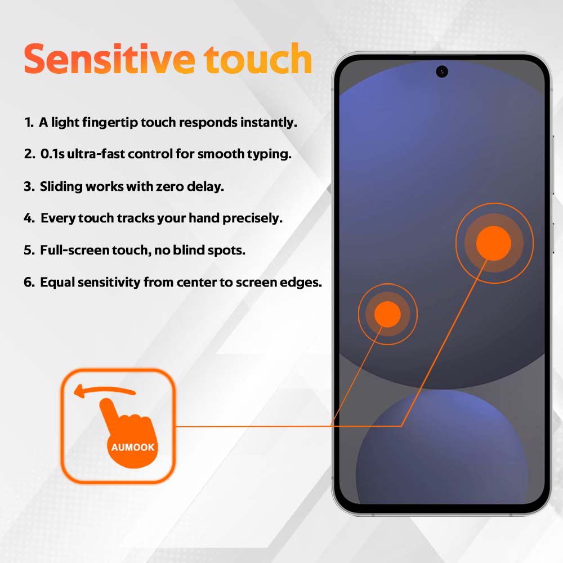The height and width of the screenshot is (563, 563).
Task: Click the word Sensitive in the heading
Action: click(x=110, y=59)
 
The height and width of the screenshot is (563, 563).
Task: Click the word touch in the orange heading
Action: click(x=258, y=59)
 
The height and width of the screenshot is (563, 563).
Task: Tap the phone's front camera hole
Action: click(x=441, y=72)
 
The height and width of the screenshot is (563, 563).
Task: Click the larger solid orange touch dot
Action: click(x=494, y=243)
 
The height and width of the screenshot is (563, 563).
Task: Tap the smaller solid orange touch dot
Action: click(x=387, y=314)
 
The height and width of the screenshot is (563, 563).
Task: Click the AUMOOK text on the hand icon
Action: click(x=133, y=447)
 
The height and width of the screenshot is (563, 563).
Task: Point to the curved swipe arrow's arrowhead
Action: click(x=79, y=391)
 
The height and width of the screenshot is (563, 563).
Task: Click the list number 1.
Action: click(x=28, y=122)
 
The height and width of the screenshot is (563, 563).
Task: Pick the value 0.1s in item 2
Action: click(x=52, y=154)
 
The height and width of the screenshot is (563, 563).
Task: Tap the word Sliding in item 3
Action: click(x=61, y=187)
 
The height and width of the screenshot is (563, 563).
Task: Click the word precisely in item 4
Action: click(x=252, y=218)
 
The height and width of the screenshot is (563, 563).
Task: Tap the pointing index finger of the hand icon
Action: click(x=108, y=409)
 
